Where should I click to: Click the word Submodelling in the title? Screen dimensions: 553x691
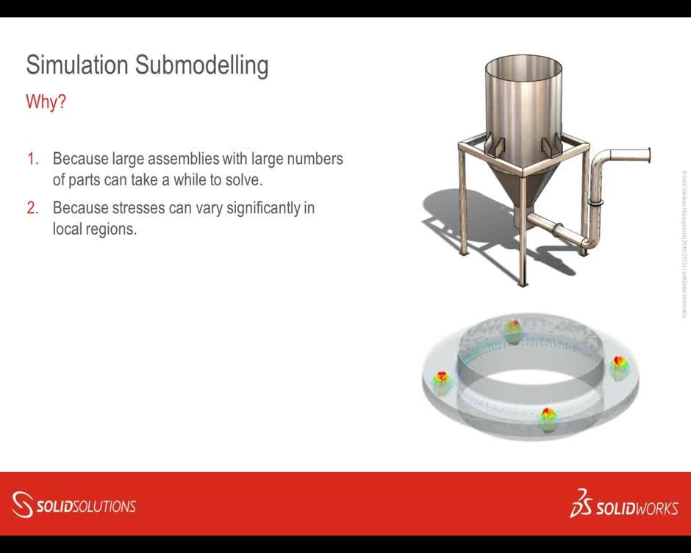click(x=201, y=65)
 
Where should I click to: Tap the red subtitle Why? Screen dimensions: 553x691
click(x=46, y=101)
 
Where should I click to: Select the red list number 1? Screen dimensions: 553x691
click(x=32, y=159)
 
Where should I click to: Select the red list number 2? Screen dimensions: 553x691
click(x=32, y=208)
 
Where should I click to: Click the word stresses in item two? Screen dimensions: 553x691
click(x=139, y=208)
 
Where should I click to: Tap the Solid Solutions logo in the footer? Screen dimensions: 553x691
click(x=74, y=505)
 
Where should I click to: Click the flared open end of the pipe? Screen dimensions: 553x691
click(x=646, y=155)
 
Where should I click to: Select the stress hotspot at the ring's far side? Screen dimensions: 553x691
click(x=512, y=332)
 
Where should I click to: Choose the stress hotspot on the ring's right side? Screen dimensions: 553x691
click(x=619, y=365)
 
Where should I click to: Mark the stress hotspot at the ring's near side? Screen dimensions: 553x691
click(x=548, y=418)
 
